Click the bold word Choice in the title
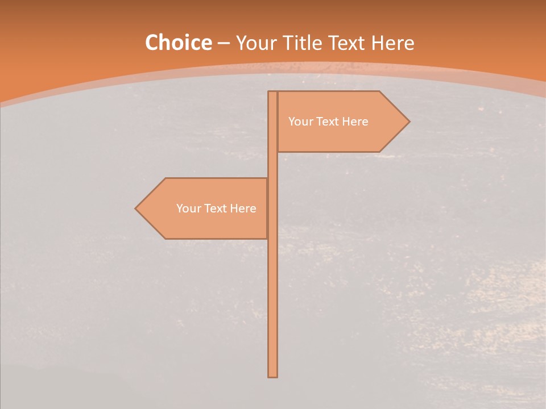pos(178,43)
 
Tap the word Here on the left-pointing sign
pos(243,208)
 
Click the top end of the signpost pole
pos(272,93)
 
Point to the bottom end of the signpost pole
pos(272,375)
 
